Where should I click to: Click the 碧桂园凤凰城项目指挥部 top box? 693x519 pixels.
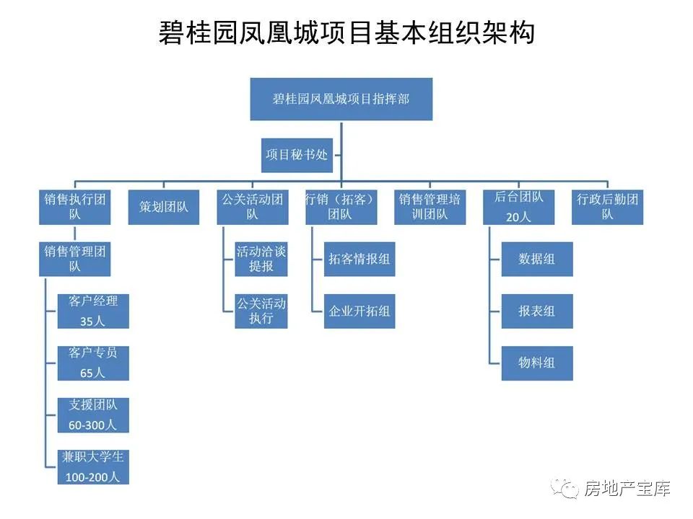point(341,99)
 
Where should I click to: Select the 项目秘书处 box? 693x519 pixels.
point(297,155)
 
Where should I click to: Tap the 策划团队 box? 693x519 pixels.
point(164,207)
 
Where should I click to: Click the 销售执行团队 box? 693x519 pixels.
point(74,207)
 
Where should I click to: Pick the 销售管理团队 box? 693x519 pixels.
point(74,259)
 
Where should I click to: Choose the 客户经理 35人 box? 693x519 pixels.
point(93,311)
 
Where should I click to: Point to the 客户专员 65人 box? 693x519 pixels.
point(93,363)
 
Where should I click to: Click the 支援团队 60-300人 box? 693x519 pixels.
point(93,415)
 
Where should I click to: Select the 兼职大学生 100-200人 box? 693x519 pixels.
point(93,467)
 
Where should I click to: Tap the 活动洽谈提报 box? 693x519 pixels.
point(261,259)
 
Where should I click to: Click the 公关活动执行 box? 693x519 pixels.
point(261,311)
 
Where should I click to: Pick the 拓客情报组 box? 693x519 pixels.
point(359,259)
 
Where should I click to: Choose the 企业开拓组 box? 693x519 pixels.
point(359,311)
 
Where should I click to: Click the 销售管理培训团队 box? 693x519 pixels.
point(430,207)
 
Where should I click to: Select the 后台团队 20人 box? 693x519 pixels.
point(519,207)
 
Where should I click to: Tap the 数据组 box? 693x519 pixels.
point(537,259)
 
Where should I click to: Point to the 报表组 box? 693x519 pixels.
point(537,311)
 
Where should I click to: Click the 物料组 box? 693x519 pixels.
point(537,363)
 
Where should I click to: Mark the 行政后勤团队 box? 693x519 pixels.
point(608,207)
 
